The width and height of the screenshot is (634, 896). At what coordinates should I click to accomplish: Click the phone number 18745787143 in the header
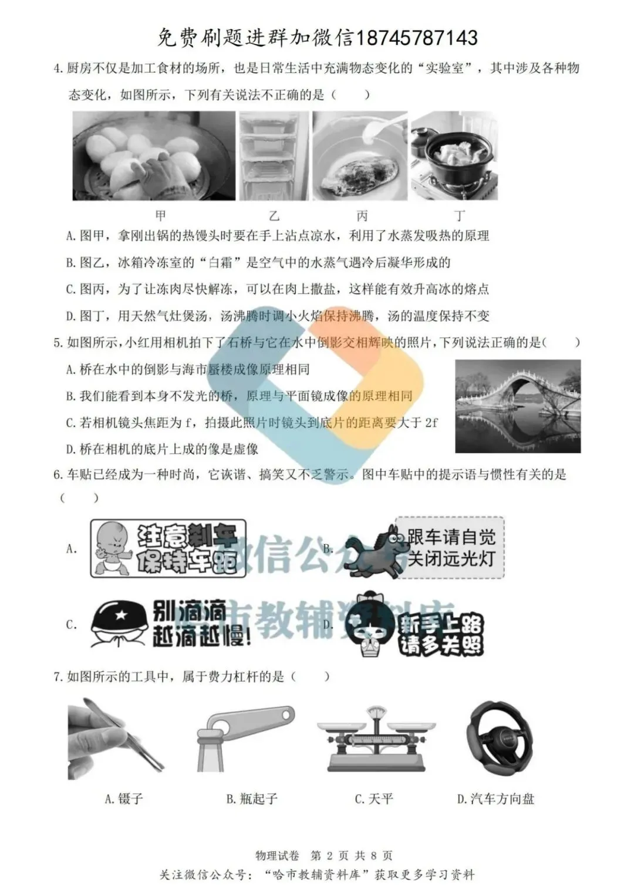point(417,38)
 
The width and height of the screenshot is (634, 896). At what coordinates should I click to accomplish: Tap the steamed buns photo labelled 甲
point(154,156)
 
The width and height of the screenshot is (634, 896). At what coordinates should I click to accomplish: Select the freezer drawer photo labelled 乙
point(273,156)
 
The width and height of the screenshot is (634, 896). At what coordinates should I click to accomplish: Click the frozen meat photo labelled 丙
point(359,156)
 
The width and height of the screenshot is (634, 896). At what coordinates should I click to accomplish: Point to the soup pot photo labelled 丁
point(454,156)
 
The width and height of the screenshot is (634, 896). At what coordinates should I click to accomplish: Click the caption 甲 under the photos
point(160,215)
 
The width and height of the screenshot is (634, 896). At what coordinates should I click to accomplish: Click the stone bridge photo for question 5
point(518,406)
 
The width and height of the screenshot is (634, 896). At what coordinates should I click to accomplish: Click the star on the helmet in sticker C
point(120,615)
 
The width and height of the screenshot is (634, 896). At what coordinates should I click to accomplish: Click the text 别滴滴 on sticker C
point(189,611)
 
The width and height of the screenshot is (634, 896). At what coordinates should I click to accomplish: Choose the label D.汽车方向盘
point(495,799)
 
